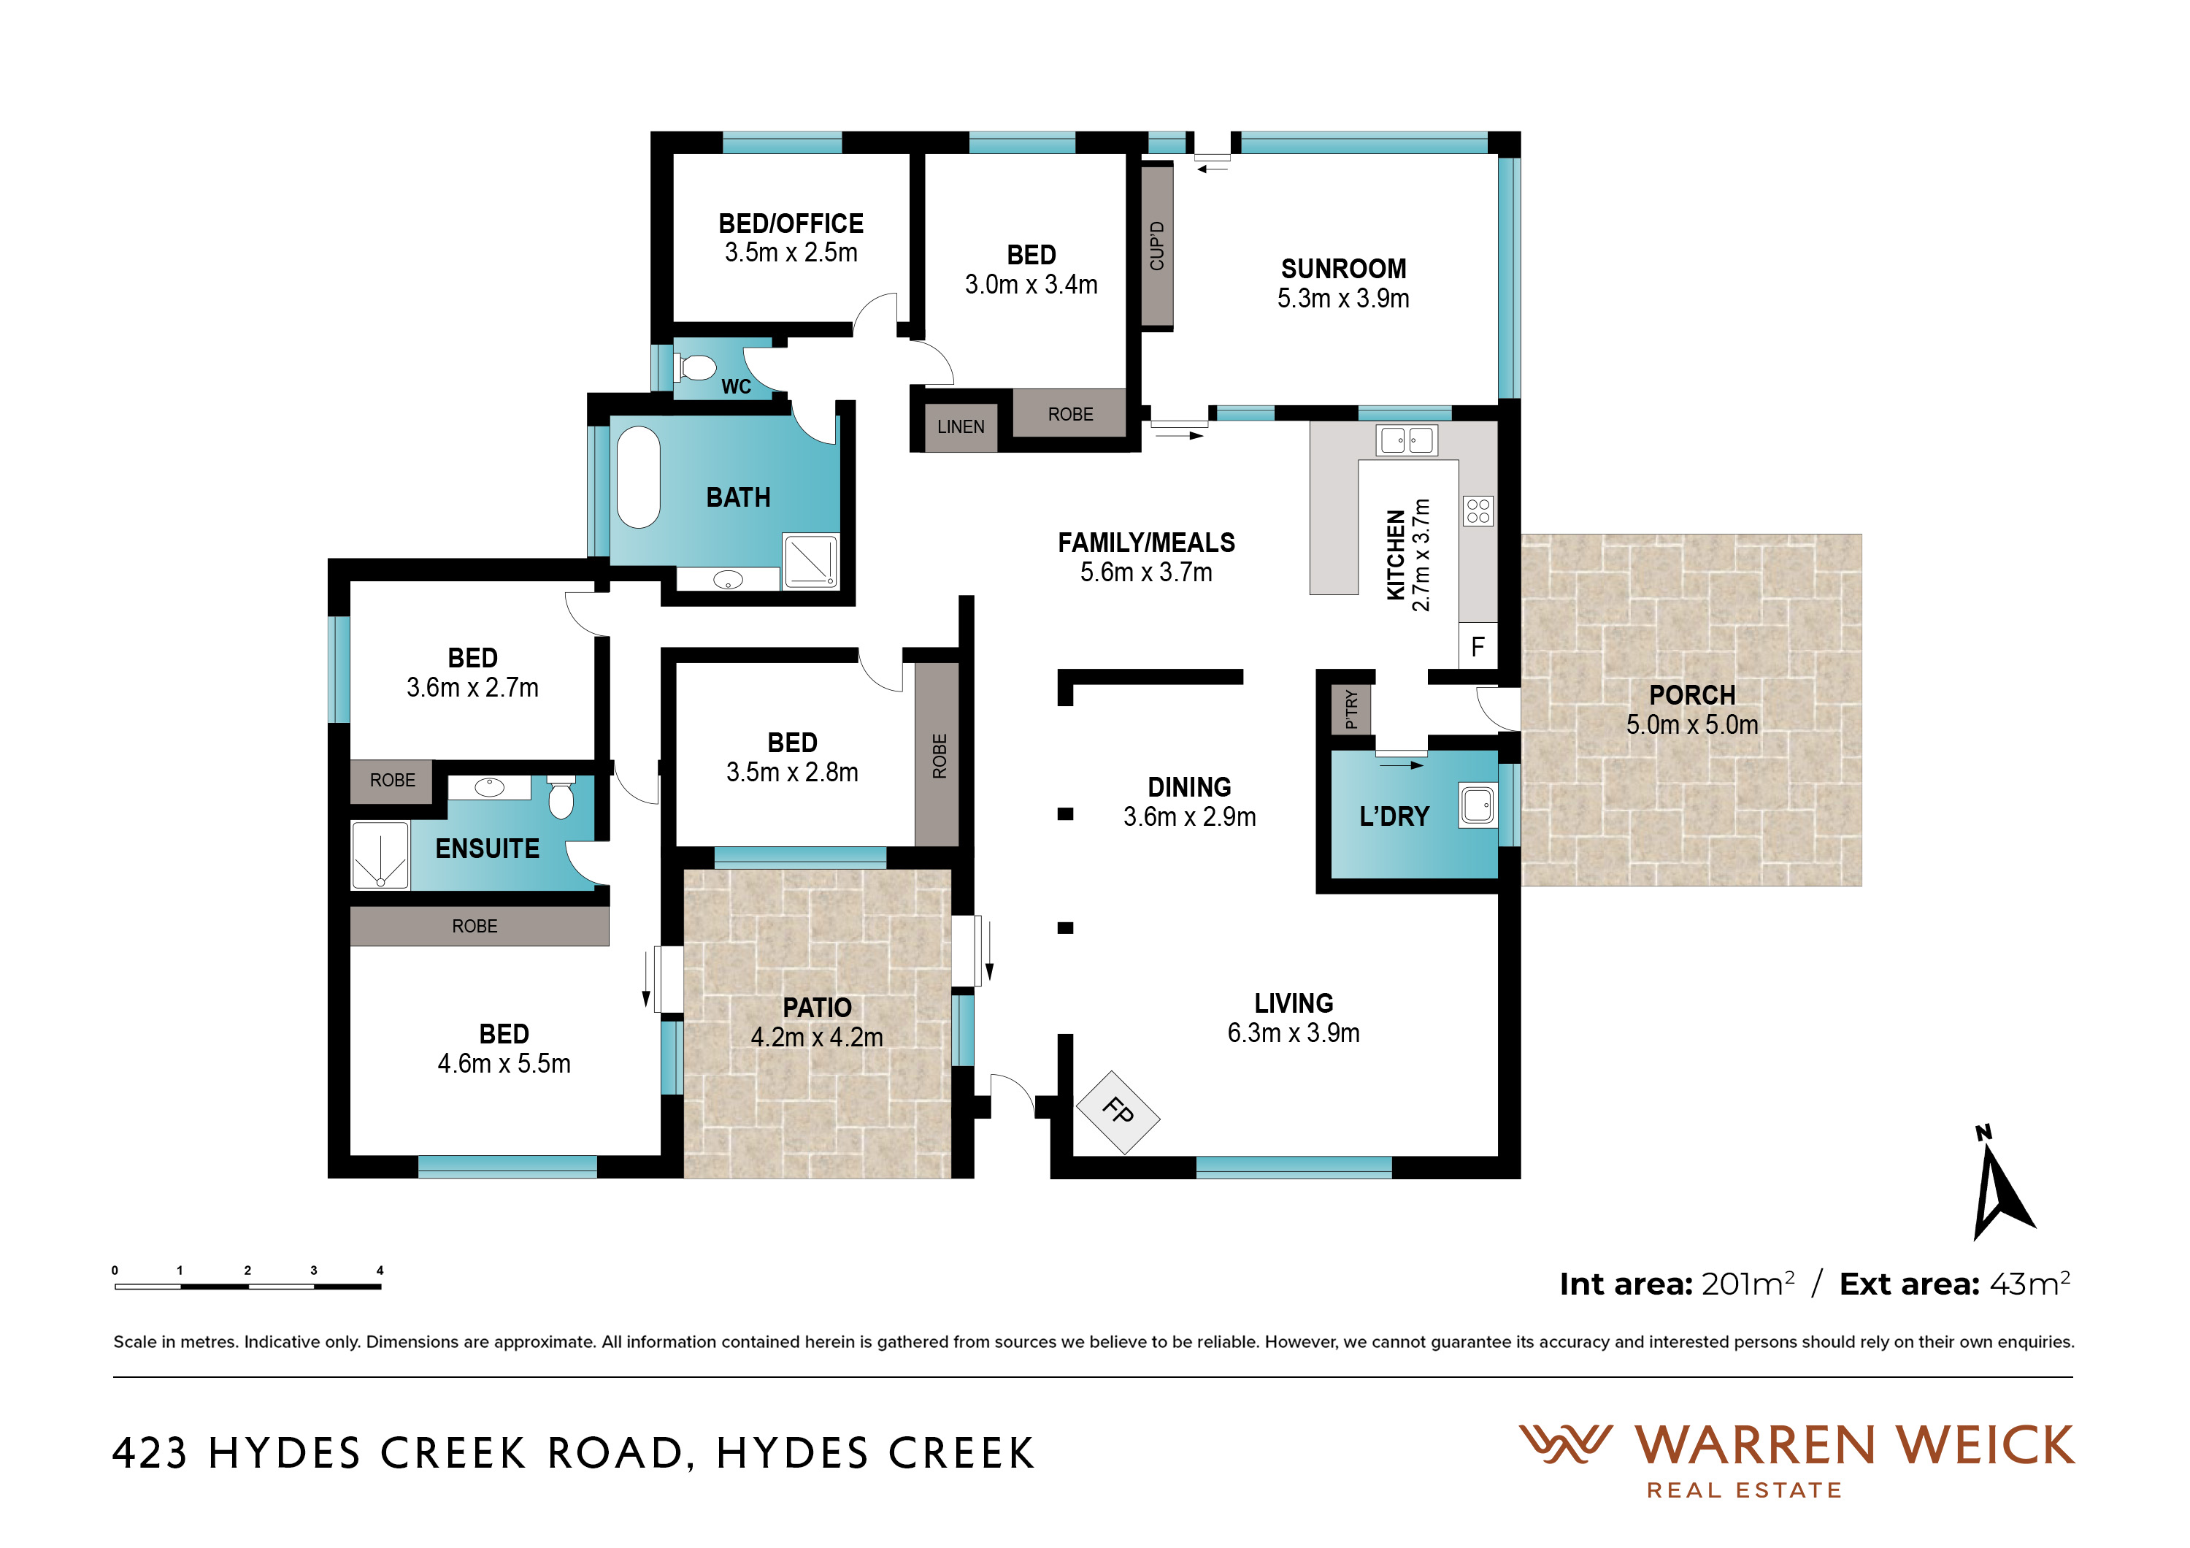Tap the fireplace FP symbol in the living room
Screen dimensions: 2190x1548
point(1118,1112)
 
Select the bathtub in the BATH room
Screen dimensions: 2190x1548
point(638,477)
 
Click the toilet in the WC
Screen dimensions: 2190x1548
point(696,367)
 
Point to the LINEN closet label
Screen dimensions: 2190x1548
point(961,427)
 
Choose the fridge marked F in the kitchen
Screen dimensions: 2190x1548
point(1478,647)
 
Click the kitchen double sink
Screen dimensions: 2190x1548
point(1407,440)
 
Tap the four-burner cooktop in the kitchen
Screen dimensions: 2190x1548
point(1478,511)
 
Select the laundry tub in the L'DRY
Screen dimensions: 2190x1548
point(1478,804)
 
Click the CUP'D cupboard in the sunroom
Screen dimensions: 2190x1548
point(1157,246)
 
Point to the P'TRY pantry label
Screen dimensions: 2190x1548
point(1351,710)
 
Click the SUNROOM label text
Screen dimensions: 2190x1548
point(1343,269)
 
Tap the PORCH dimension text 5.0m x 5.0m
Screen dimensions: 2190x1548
point(1692,725)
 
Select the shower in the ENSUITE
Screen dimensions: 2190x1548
point(380,854)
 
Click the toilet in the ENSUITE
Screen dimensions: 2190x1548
point(561,798)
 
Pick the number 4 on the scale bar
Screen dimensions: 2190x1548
point(380,1271)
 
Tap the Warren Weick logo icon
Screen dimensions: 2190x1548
point(1565,1444)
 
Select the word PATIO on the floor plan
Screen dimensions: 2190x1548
point(816,1007)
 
